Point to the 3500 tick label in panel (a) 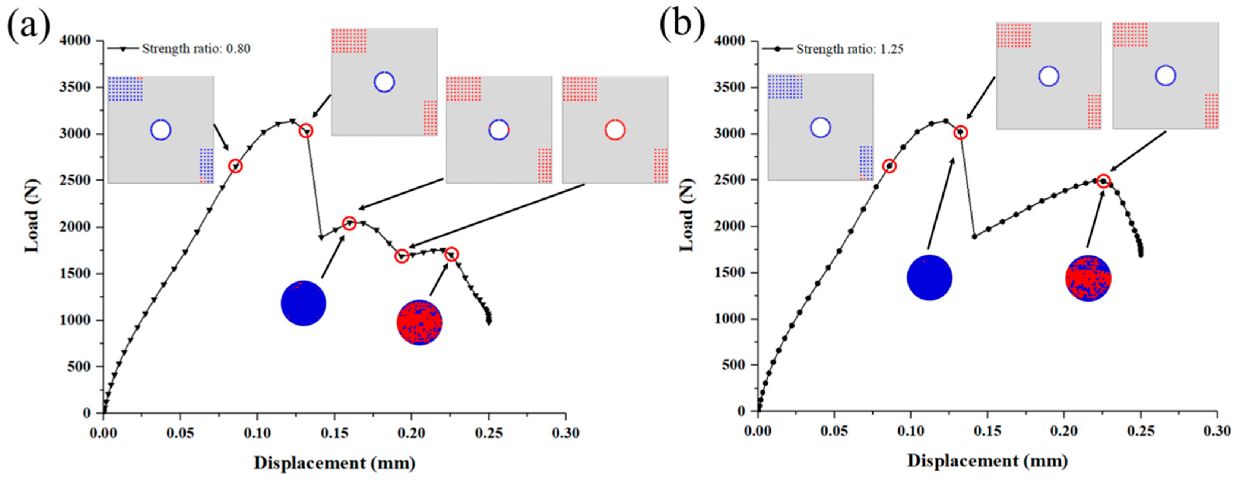click(x=74, y=87)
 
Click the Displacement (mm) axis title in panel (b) click(x=987, y=461)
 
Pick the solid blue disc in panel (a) click(x=303, y=303)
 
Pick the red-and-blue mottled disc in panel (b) click(x=1088, y=278)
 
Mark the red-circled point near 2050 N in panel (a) click(x=349, y=223)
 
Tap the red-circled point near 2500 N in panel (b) click(x=1104, y=181)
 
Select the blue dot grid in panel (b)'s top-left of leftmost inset click(x=785, y=86)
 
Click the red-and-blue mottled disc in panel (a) click(x=420, y=323)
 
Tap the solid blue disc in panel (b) click(x=929, y=278)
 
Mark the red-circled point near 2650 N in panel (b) click(x=889, y=166)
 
